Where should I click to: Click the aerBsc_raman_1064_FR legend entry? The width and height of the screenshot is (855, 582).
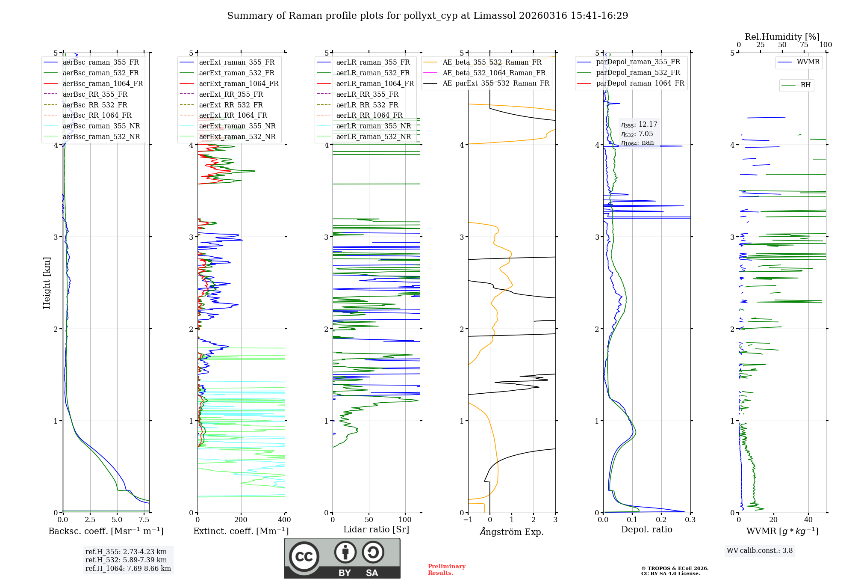click(x=103, y=84)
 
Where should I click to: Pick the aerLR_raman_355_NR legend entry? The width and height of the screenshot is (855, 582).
click(x=373, y=126)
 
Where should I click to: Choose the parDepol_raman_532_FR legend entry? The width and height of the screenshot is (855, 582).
click(x=638, y=73)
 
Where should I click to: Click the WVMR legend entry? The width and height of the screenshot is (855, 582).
click(x=808, y=62)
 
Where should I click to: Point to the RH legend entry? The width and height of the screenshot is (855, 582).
click(x=805, y=85)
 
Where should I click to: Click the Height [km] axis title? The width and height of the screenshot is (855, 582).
click(x=47, y=283)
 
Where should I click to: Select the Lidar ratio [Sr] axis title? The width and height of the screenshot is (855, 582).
click(x=376, y=530)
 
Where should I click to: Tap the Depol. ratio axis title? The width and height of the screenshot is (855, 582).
click(x=646, y=530)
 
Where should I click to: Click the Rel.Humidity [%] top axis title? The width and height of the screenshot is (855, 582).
click(x=782, y=37)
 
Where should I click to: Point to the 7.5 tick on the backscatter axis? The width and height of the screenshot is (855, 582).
click(x=144, y=520)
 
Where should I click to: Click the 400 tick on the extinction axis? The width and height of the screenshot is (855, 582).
click(x=285, y=520)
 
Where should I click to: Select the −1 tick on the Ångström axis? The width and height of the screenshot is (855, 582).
click(x=468, y=520)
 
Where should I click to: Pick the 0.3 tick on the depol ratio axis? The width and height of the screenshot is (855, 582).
click(x=690, y=520)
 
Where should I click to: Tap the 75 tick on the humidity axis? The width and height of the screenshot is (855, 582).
click(x=804, y=45)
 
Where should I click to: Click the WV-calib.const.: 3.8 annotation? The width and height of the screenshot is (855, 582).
click(x=760, y=551)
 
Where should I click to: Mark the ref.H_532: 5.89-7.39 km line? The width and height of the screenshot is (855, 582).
click(x=126, y=560)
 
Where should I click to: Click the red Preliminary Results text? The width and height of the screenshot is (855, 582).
click(x=446, y=570)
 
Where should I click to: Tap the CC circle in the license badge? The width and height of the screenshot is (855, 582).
click(x=304, y=557)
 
